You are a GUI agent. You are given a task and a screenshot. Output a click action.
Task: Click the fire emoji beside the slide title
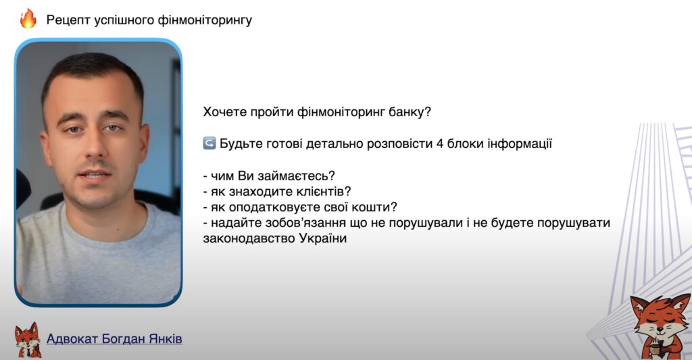(28, 19)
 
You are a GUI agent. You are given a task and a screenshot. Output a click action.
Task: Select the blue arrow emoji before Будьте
(209, 143)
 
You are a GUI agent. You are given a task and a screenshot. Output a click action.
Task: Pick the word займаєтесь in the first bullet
(297, 176)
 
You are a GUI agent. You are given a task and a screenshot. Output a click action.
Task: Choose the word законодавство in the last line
(248, 238)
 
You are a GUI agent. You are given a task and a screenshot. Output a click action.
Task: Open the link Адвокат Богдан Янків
(114, 338)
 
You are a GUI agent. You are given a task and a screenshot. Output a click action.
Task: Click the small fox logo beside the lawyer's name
(28, 339)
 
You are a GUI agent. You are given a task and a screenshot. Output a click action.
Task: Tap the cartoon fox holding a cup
(659, 324)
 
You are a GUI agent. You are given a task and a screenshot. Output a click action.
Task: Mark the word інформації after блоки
(520, 143)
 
